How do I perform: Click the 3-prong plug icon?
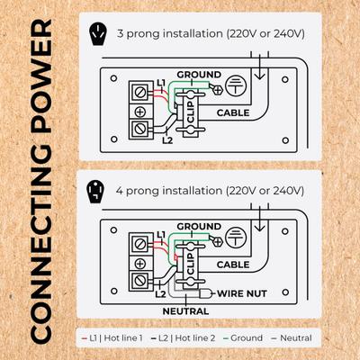(x=97, y=34)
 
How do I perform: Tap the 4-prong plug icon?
(x=95, y=191)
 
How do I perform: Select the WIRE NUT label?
(x=242, y=293)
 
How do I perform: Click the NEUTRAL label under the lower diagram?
(x=185, y=311)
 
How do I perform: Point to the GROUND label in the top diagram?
(x=199, y=75)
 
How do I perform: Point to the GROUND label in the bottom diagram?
(x=199, y=226)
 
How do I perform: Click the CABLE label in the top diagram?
(x=233, y=112)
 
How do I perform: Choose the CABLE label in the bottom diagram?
(x=233, y=265)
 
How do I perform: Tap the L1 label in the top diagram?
(x=161, y=83)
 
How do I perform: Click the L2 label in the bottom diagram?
(x=160, y=294)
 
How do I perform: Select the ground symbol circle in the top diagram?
(x=236, y=85)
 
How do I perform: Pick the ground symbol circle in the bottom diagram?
(x=236, y=238)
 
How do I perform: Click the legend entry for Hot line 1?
(x=112, y=338)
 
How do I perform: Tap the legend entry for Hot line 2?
(x=184, y=338)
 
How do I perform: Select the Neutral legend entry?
(x=292, y=338)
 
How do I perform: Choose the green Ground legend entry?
(x=243, y=338)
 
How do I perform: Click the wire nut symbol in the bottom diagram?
(x=205, y=293)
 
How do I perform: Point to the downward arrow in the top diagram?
(x=259, y=66)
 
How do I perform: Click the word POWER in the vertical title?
(x=41, y=77)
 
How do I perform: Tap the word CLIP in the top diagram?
(x=191, y=112)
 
